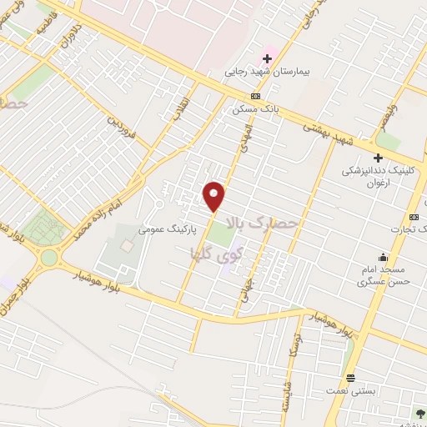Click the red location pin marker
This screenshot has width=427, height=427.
click(x=214, y=196)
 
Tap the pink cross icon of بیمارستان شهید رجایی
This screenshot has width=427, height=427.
click(x=267, y=58)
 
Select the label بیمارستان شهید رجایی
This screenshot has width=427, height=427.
click(x=267, y=73)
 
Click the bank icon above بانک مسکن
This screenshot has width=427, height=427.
click(x=254, y=95)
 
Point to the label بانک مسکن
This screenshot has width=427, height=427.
click(x=254, y=108)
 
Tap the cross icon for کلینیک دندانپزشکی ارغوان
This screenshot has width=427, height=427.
click(x=378, y=157)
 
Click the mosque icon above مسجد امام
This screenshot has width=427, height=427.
click(x=384, y=257)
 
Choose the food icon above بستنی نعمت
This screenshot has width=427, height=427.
click(x=350, y=378)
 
